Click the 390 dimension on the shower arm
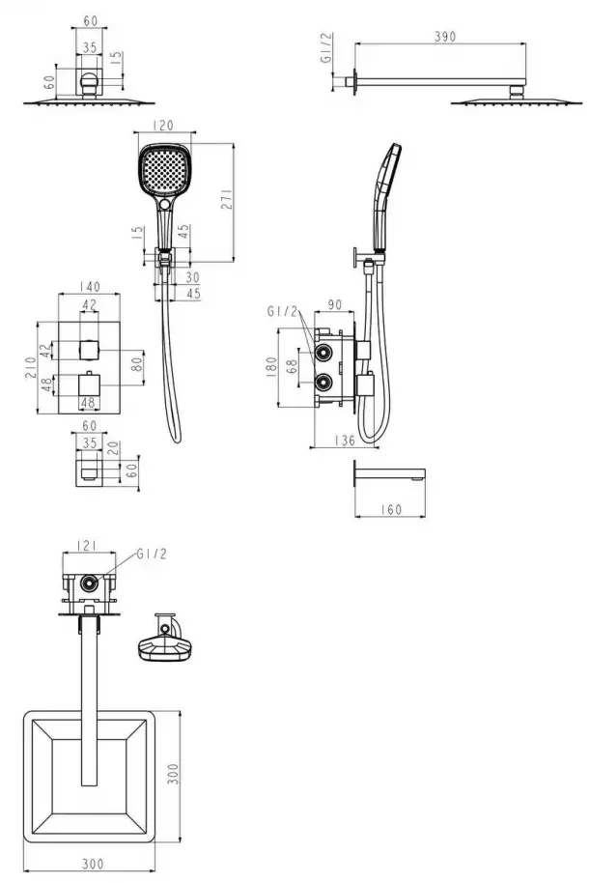coord(445,37)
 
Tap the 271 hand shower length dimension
coord(226,199)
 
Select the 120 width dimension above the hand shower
coord(162,125)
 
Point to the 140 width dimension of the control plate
coord(89,287)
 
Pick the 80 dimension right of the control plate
coord(136,365)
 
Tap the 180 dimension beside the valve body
coord(271,366)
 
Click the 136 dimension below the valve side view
coord(344,440)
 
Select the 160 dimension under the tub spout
coord(390,509)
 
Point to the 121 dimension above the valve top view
coord(87,545)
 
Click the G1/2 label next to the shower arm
coord(326,48)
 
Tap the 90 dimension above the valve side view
coord(334,304)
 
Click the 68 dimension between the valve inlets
coord(292,367)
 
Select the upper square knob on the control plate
coord(89,350)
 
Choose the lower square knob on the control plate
coord(89,385)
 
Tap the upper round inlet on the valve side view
coord(323,353)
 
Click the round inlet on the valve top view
coord(89,583)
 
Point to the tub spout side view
coord(389,471)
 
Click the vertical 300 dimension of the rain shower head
coord(173,774)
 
